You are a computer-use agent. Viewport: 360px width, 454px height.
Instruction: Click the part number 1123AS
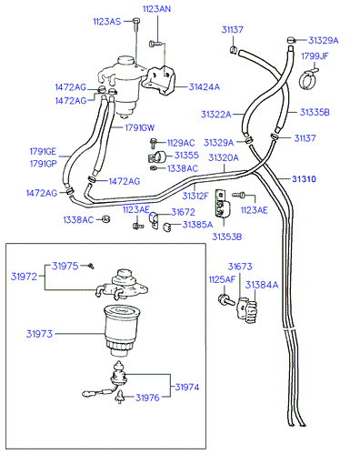point(106,22)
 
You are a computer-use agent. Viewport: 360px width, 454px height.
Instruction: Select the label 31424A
point(205,87)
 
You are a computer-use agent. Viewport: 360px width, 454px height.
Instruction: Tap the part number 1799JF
point(315,56)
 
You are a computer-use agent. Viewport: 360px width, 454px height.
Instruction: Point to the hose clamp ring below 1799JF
point(308,79)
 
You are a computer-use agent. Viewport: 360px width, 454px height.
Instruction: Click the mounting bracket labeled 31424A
point(160,81)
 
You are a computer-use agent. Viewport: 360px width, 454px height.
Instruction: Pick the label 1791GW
point(140,127)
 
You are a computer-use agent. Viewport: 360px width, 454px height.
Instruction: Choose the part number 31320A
point(224,157)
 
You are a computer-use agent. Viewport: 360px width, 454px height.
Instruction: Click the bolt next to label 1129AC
point(154,143)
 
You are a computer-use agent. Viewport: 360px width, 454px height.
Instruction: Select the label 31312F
point(195,196)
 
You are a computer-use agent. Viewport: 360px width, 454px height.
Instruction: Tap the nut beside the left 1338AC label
point(105,219)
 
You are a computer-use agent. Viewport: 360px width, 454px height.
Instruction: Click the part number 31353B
point(226,237)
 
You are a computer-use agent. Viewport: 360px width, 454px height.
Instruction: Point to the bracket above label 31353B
point(223,204)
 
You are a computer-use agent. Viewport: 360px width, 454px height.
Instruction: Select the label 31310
point(304,179)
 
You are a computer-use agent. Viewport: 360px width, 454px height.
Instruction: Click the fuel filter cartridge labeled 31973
point(121,330)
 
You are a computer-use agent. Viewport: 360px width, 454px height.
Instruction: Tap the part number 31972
point(24,277)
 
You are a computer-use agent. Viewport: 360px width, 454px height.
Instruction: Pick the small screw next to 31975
point(91,266)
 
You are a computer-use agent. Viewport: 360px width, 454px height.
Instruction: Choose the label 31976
point(147,398)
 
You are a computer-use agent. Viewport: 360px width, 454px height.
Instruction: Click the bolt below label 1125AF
point(226,299)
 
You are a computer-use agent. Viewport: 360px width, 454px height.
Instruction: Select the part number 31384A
point(262,285)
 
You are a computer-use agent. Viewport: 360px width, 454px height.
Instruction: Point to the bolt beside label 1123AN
point(155,44)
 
